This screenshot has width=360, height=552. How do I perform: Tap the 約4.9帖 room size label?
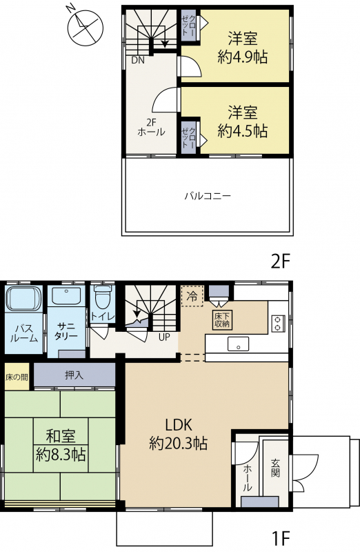pos(243,57)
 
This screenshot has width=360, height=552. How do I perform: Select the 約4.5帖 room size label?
pos(243,131)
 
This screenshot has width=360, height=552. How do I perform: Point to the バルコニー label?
pos(208,196)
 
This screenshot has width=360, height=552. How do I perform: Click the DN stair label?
pos(138,60)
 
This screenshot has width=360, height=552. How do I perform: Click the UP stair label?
pos(164,337)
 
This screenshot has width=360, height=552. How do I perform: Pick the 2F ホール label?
pos(151,128)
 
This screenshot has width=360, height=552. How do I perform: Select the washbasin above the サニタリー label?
pos(66,297)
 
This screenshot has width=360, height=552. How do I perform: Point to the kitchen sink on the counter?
pos(238,344)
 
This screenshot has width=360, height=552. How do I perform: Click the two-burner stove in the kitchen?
pos(278,324)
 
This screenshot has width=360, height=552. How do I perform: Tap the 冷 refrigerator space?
pos(192,296)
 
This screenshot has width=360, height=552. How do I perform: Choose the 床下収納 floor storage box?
pos(222,319)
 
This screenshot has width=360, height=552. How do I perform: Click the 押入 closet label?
pos(74,375)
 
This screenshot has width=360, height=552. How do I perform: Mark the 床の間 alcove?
pos(17,377)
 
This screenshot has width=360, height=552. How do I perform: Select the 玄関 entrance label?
pos(275,468)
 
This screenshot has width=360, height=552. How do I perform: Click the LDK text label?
pos(179,425)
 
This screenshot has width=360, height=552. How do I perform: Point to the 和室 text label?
pos(61,436)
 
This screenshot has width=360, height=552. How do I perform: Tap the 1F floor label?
pos(281,538)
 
